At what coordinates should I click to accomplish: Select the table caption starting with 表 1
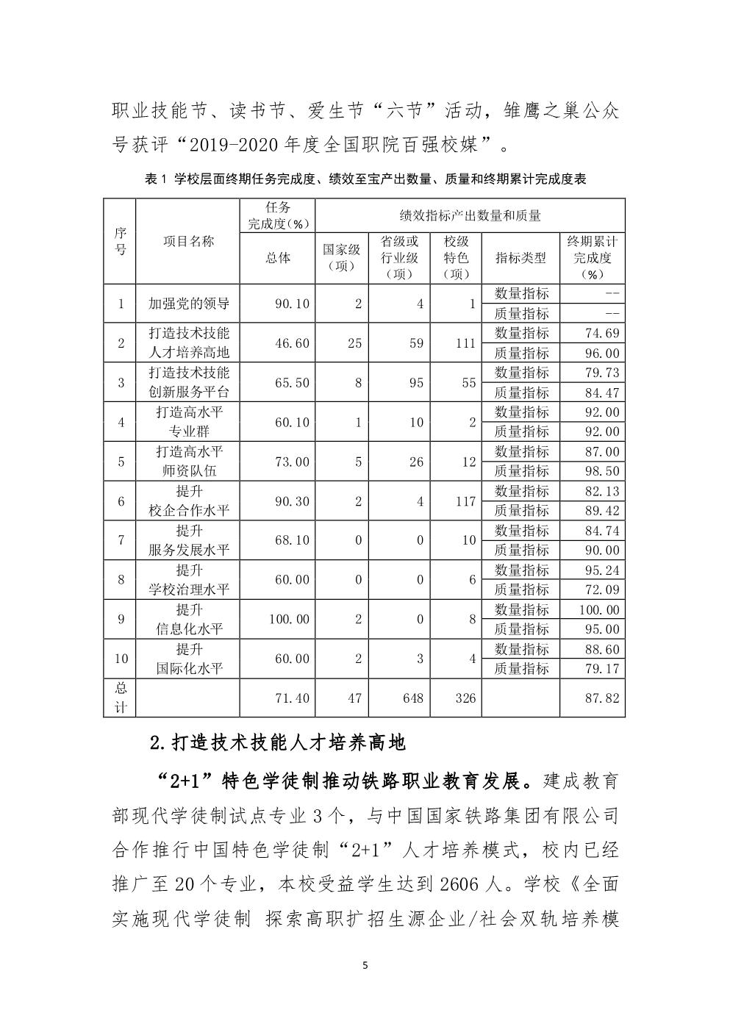tap(365, 179)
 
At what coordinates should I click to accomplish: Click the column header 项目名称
tap(188, 241)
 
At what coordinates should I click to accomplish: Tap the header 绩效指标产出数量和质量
tap(470, 215)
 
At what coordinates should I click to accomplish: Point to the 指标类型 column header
tap(520, 258)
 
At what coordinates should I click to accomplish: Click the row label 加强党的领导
tap(188, 304)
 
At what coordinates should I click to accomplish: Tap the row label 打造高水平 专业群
tap(188, 422)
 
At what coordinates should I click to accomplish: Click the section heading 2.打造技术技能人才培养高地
tap(277, 742)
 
